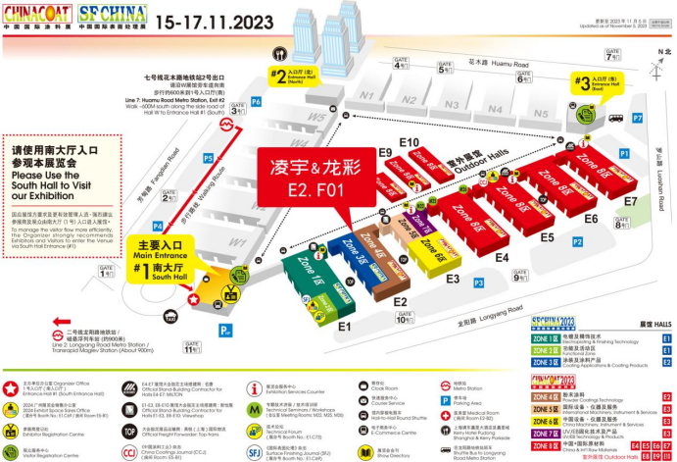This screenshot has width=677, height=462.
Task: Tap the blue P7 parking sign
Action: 638,118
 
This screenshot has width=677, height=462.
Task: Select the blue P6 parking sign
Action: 256,102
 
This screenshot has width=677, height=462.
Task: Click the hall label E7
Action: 630,202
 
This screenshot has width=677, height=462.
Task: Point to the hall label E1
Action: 344,325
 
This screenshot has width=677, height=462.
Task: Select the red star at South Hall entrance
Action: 195,298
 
